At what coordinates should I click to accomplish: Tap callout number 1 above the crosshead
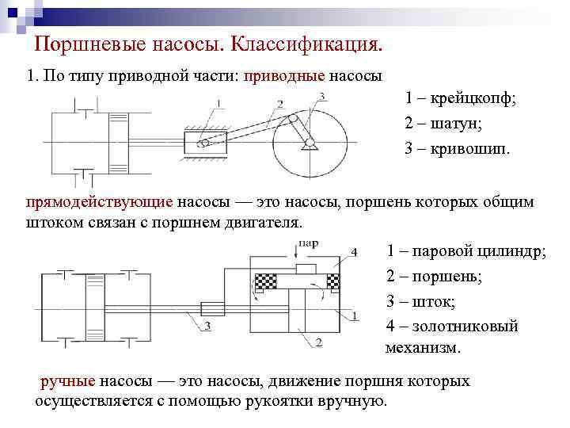point(218,101)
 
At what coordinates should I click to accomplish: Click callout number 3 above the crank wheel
point(321,97)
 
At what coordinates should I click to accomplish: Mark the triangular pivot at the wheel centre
point(308,143)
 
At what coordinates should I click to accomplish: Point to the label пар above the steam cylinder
point(309,244)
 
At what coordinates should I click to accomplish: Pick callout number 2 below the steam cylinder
point(317,342)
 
